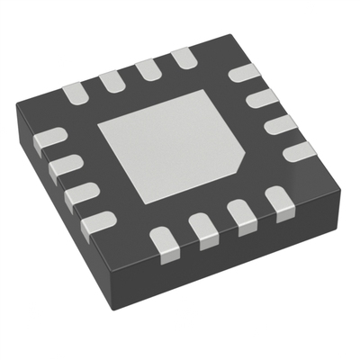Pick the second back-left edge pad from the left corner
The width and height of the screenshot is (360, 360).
(112, 79)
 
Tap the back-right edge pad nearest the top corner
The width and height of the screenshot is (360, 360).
(241, 75)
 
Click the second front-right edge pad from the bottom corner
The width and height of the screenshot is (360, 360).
(203, 230)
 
